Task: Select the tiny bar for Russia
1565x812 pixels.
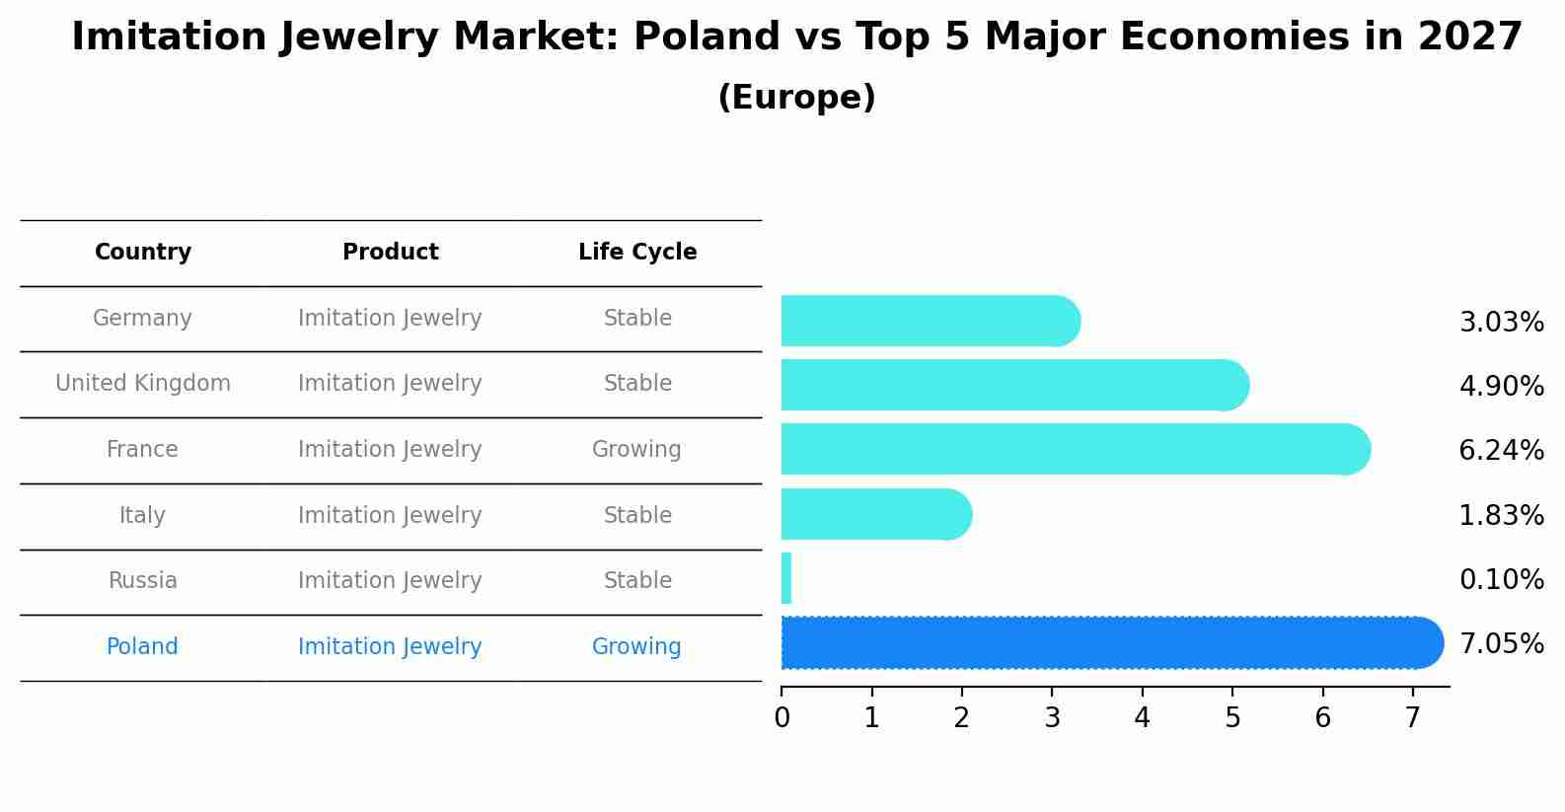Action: point(786,578)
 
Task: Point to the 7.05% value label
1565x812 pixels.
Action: point(1501,644)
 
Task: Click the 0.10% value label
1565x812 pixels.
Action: point(1501,579)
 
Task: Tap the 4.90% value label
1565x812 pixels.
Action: point(1501,386)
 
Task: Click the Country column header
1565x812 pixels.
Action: point(143,253)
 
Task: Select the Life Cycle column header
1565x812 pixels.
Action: point(637,253)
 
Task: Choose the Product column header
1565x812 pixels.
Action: point(391,253)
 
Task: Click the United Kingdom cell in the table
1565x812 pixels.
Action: point(143,384)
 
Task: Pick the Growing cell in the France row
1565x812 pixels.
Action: point(636,450)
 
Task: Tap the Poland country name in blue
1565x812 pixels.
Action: point(142,647)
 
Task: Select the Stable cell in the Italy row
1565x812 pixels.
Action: point(637,516)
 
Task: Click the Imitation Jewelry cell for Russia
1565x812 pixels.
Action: point(390,581)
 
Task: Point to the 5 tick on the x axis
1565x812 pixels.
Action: point(1232,718)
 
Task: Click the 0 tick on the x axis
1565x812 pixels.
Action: point(782,718)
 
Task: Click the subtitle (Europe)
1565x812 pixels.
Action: point(796,98)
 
